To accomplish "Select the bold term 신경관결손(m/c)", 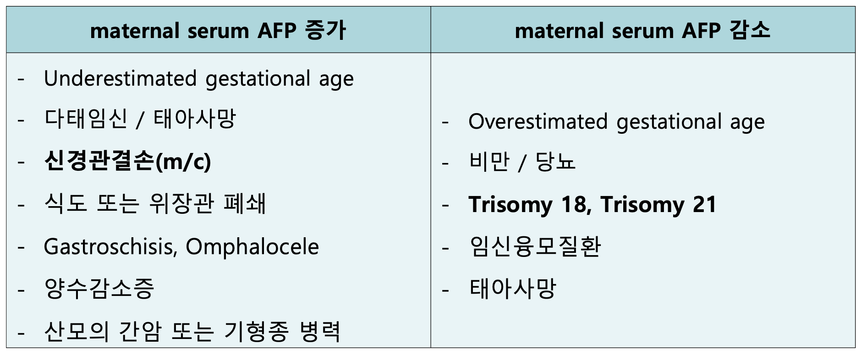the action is [128, 161].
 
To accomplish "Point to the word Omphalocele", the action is [252, 247].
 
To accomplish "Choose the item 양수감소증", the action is [99, 289].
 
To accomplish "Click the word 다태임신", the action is [86, 119].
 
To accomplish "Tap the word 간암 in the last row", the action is [140, 331].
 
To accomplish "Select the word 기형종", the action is [256, 331].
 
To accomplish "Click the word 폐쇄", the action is [245, 203].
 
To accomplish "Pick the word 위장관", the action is [181, 203].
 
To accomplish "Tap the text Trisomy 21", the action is [658, 205].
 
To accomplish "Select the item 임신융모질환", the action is [535, 247].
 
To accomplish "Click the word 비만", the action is [489, 161].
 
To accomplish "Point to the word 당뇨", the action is [555, 161].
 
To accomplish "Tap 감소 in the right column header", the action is [750, 31].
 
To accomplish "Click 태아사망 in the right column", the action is [512, 289].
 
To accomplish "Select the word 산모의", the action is [77, 331].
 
